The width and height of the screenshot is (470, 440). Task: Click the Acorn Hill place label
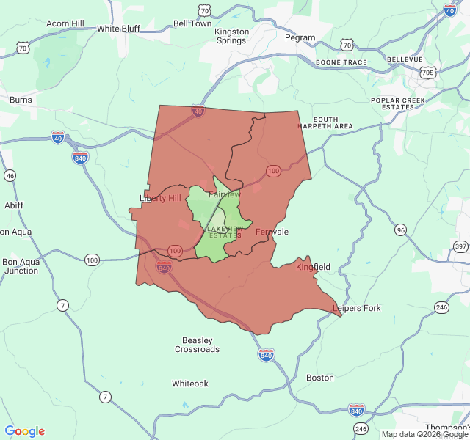click(x=67, y=23)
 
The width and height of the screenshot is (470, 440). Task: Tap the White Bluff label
click(x=118, y=29)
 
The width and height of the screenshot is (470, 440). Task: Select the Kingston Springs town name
click(x=231, y=36)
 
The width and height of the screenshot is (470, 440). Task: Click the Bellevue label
click(x=405, y=59)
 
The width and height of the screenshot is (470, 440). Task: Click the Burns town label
click(x=21, y=99)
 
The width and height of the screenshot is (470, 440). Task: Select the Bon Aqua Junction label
click(x=21, y=265)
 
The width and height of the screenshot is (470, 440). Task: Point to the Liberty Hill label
click(x=160, y=199)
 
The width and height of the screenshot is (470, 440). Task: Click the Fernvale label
click(x=272, y=232)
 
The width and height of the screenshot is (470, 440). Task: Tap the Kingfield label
click(x=313, y=267)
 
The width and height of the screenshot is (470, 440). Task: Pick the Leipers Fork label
click(x=357, y=308)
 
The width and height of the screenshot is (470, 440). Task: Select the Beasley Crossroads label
click(x=197, y=345)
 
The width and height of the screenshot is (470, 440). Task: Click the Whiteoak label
click(x=190, y=384)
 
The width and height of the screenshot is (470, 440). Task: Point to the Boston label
click(x=319, y=378)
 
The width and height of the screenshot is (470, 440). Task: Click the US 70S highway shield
click(x=428, y=73)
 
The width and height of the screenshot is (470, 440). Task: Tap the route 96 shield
click(x=400, y=230)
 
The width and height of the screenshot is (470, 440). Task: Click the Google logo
click(x=24, y=431)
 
